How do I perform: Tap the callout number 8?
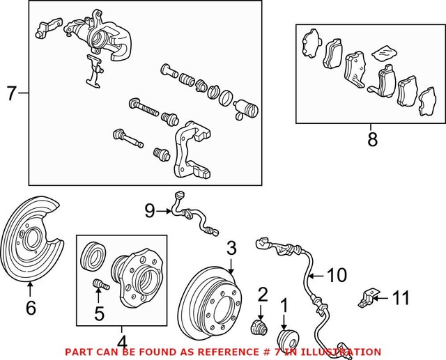[x=371, y=139]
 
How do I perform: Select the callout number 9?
[x=148, y=208]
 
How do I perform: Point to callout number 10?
[x=336, y=276]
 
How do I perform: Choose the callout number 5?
[x=98, y=313]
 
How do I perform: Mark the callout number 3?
[x=231, y=247]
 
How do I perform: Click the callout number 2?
[x=263, y=293]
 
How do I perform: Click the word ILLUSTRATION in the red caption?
[x=344, y=352]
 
